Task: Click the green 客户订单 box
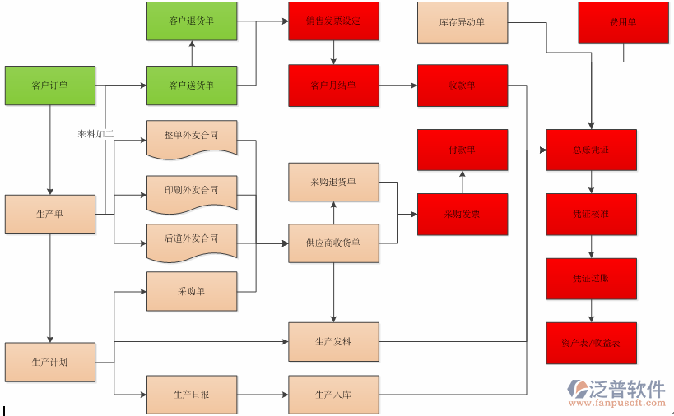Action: (50, 85)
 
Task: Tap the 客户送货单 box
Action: (192, 85)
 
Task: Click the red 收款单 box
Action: (462, 85)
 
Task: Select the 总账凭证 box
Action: (591, 150)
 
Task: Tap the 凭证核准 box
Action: (591, 214)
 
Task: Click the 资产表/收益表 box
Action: (591, 343)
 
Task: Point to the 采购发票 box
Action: (462, 214)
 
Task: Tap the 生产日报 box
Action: (192, 394)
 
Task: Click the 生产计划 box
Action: (50, 362)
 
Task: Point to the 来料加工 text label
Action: (95, 133)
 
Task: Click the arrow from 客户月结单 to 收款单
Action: (398, 85)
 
